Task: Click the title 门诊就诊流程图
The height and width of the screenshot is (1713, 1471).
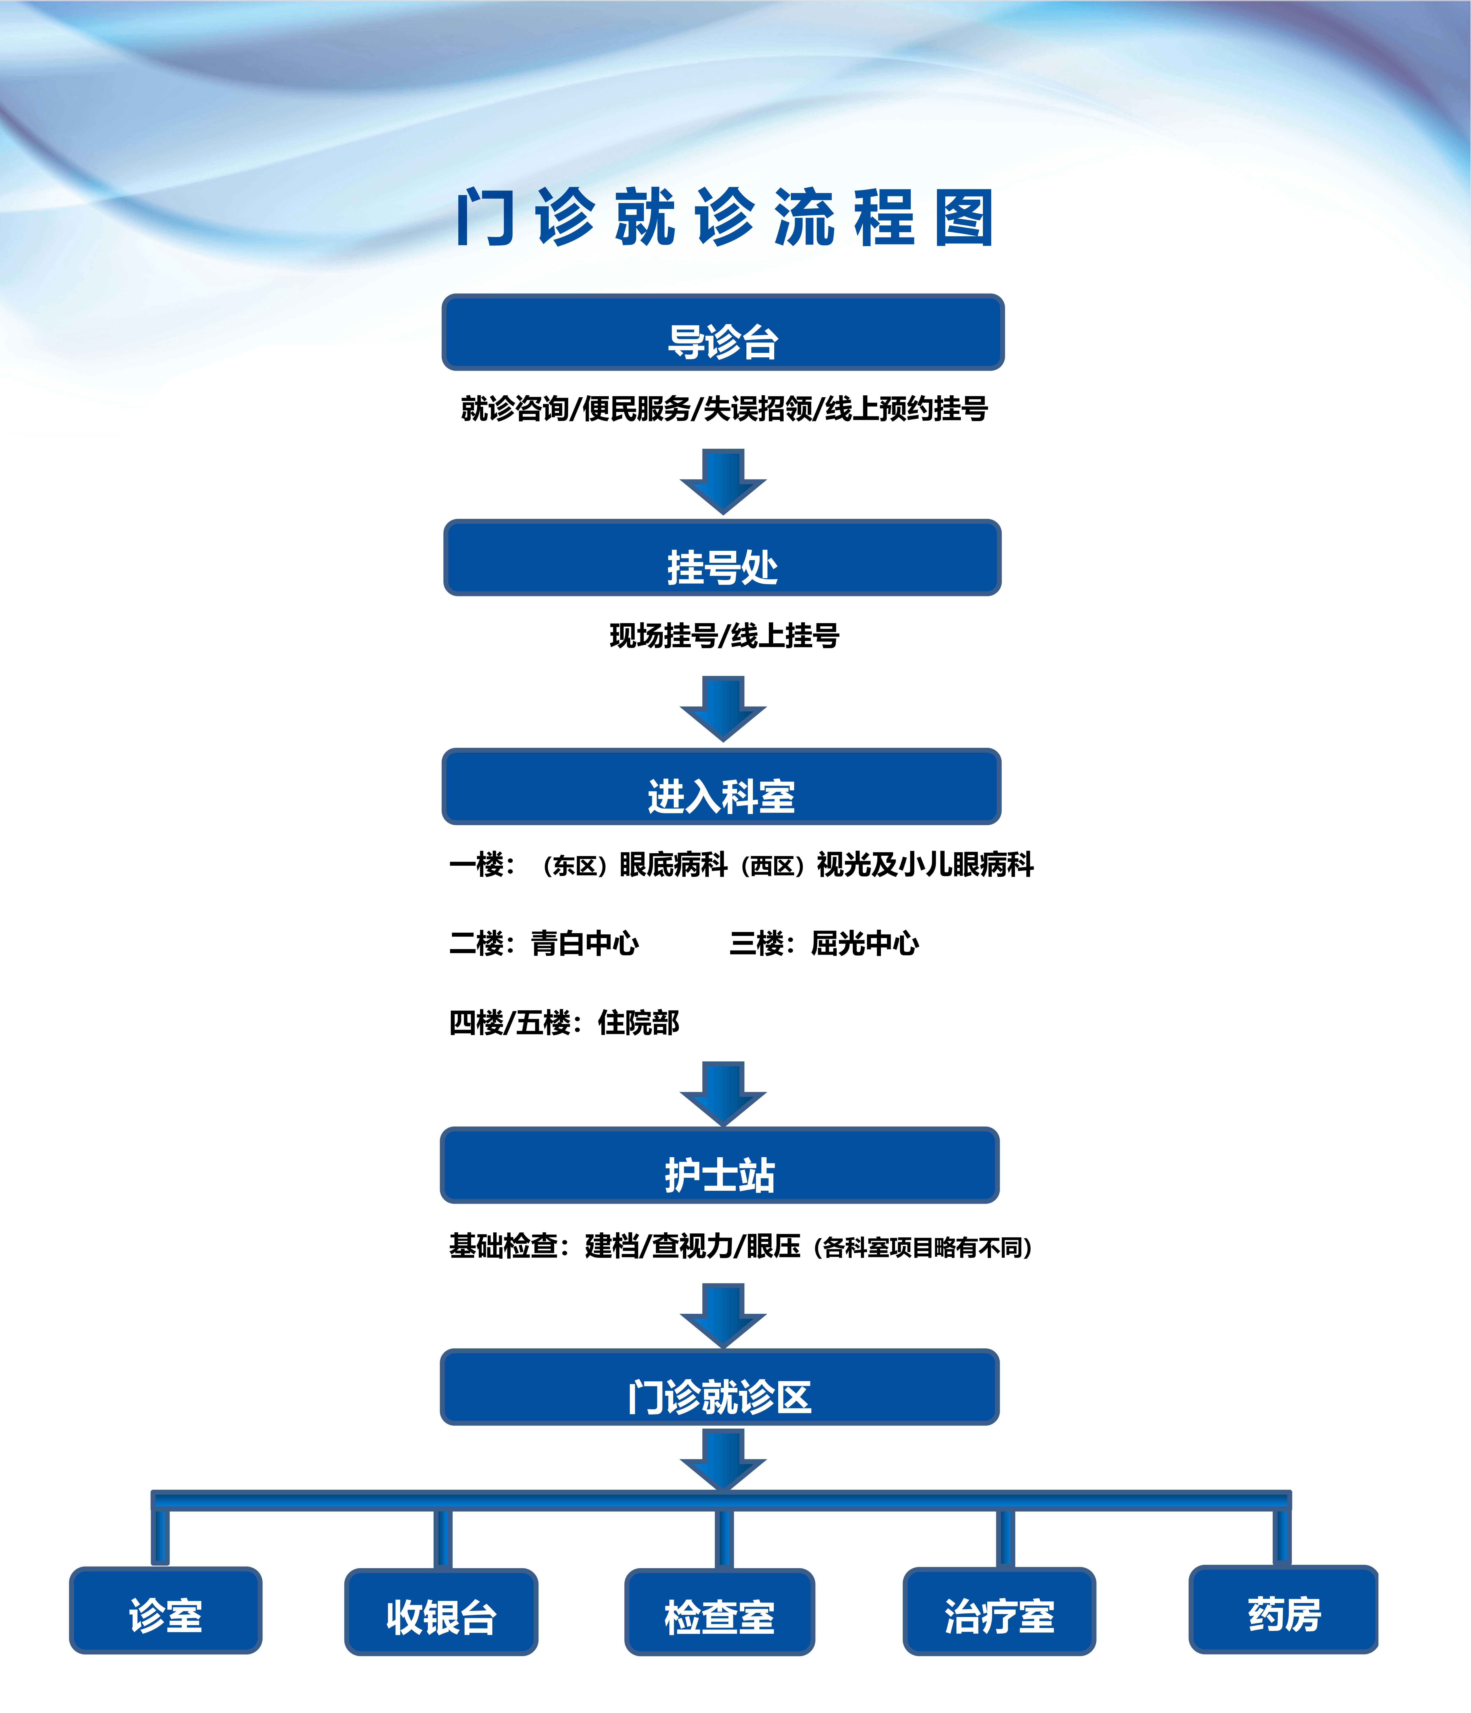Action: [724, 217]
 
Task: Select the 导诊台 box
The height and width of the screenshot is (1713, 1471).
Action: [723, 332]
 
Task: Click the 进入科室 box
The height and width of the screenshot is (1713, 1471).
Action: [721, 787]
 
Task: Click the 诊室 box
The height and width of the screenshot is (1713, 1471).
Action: [165, 1610]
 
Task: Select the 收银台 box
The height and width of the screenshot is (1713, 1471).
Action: [441, 1612]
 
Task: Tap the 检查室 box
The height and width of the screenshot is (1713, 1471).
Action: [719, 1612]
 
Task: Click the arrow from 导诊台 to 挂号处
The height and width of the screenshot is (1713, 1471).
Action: [723, 481]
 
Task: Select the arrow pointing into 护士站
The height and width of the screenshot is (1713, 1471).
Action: [723, 1093]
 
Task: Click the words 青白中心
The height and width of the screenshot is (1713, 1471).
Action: [584, 943]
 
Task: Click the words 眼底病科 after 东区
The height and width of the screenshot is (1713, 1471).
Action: [673, 865]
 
